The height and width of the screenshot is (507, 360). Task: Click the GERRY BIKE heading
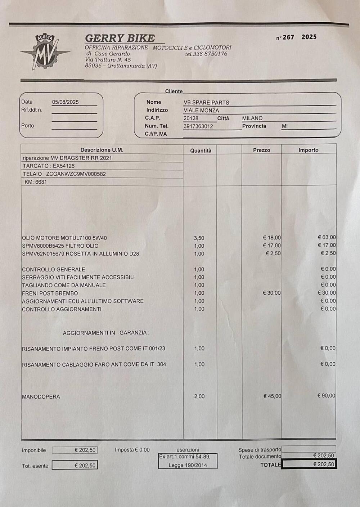coord(120,38)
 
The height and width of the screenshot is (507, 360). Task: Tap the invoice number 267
coord(288,37)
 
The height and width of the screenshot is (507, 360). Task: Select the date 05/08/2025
coord(65,102)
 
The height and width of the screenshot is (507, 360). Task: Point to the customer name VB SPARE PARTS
coord(206,103)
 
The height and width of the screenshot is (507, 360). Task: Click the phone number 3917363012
coord(198,126)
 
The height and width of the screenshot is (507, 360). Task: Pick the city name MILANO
coord(252,118)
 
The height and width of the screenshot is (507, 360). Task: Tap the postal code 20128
coord(191,118)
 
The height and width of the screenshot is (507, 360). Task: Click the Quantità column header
coord(201,151)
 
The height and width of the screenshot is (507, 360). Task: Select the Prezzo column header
coord(261,150)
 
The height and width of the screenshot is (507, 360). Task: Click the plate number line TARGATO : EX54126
coord(49,166)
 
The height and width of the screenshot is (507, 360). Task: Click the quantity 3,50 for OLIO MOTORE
coord(199,238)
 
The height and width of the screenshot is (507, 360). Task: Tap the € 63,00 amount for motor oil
coord(327,237)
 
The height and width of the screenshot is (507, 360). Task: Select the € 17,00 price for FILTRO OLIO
coord(272,245)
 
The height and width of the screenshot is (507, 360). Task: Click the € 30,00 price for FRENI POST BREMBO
coord(272,293)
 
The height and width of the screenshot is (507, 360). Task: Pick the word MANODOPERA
coord(41,397)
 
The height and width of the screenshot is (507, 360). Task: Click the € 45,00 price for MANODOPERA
coord(272,396)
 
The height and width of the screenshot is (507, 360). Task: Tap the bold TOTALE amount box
coord(309,465)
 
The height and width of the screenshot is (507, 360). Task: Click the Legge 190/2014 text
coord(188,465)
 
